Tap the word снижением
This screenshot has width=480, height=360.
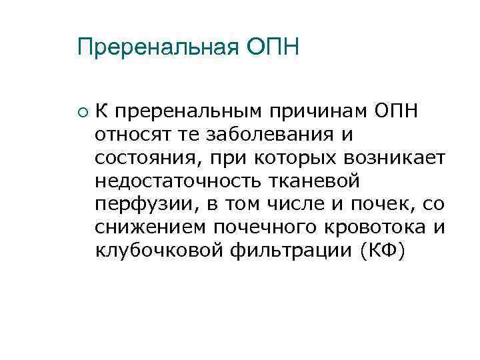pyautogui.click(x=151, y=227)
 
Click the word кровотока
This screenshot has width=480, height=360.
pyautogui.click(x=372, y=227)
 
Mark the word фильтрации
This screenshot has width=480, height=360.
pyautogui.click(x=283, y=251)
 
